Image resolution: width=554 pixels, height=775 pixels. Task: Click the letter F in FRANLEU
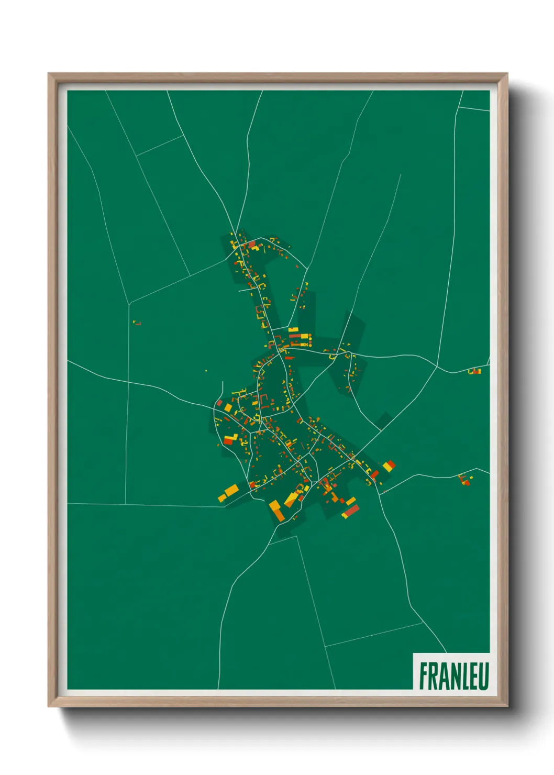coord(424,676)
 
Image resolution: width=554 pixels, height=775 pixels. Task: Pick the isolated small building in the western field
coord(137,323)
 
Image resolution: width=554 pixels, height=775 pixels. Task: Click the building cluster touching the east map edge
coord(474,371)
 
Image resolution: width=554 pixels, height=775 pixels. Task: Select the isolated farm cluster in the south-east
coord(464,479)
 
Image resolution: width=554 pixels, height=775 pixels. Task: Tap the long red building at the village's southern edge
coord(351,511)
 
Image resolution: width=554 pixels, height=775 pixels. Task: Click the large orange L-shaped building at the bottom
coord(276,511)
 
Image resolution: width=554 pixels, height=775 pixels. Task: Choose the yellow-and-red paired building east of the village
coord(389,465)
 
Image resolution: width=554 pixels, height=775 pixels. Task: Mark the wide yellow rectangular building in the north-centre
coord(293,330)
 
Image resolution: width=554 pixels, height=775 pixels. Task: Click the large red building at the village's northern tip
coord(252,244)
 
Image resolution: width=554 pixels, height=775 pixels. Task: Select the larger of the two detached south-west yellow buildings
coord(231,491)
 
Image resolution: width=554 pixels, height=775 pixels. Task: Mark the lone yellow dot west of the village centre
coord(206,371)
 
